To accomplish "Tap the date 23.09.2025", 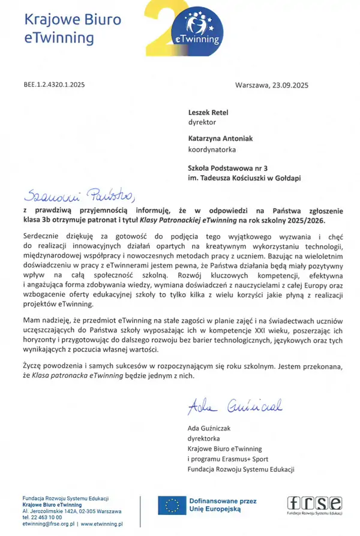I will (x=289, y=85).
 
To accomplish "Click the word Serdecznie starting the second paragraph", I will (x=42, y=237).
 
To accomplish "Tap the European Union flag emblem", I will (x=172, y=506).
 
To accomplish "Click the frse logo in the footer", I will (x=314, y=504).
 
